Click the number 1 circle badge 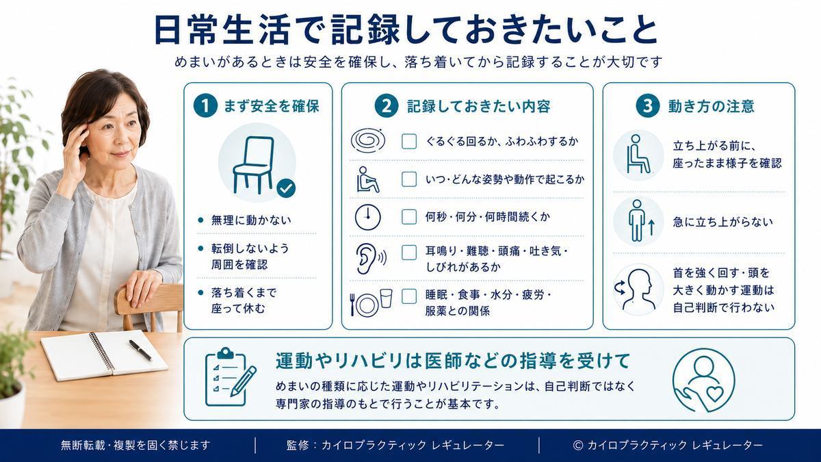point(205,105)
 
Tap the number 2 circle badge point(387,105)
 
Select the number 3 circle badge point(648,105)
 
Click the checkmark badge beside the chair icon point(286,188)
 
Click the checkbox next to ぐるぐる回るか point(409,141)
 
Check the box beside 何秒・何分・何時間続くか point(409,217)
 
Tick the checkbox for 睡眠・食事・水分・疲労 point(409,296)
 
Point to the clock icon point(367,217)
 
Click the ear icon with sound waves point(371,259)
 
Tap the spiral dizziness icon point(368,140)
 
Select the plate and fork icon point(371,303)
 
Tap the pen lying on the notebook point(140,350)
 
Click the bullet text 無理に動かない point(251,220)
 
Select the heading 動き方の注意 point(711,106)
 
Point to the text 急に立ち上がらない point(722,222)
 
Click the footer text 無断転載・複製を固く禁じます point(135,445)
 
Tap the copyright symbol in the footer point(578,445)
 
